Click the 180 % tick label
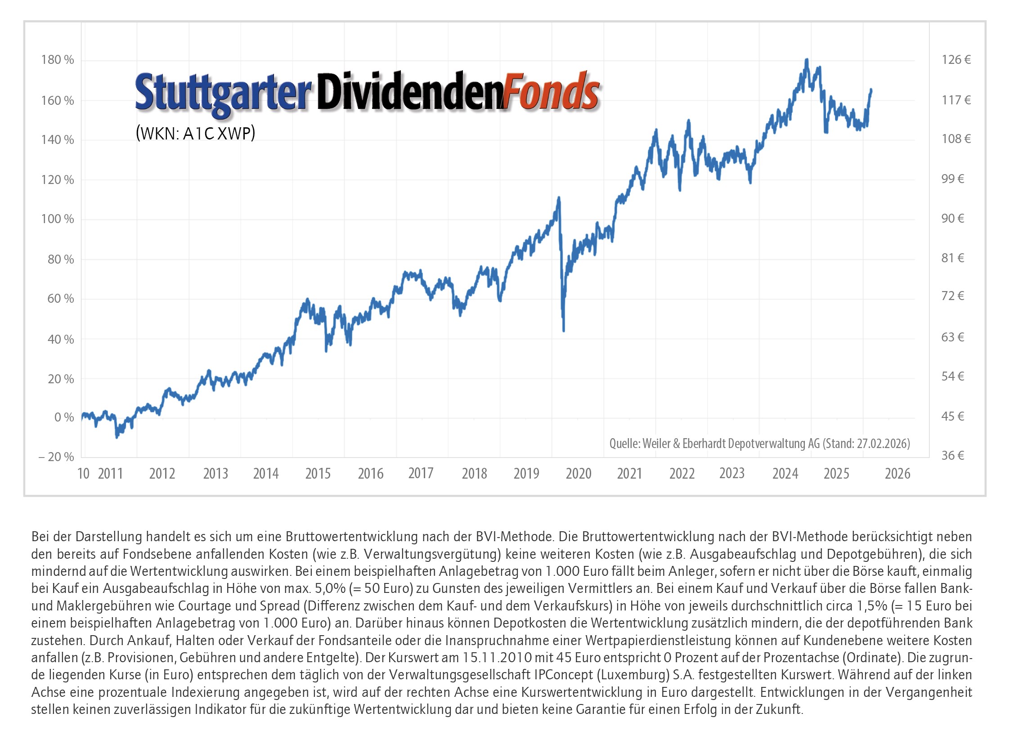click(57, 60)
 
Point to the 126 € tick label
click(956, 60)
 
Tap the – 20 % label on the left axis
click(56, 457)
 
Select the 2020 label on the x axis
click(578, 474)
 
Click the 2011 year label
click(110, 474)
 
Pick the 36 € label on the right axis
click(952, 456)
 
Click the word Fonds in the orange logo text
click(551, 92)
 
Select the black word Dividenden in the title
click(409, 92)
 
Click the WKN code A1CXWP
click(218, 134)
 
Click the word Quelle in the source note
click(624, 444)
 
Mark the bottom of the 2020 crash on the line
click(563, 331)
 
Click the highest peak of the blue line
click(806, 60)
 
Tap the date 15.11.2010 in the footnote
click(498, 658)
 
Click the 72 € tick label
click(952, 296)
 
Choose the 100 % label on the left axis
click(57, 219)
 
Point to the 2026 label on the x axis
click(897, 474)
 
